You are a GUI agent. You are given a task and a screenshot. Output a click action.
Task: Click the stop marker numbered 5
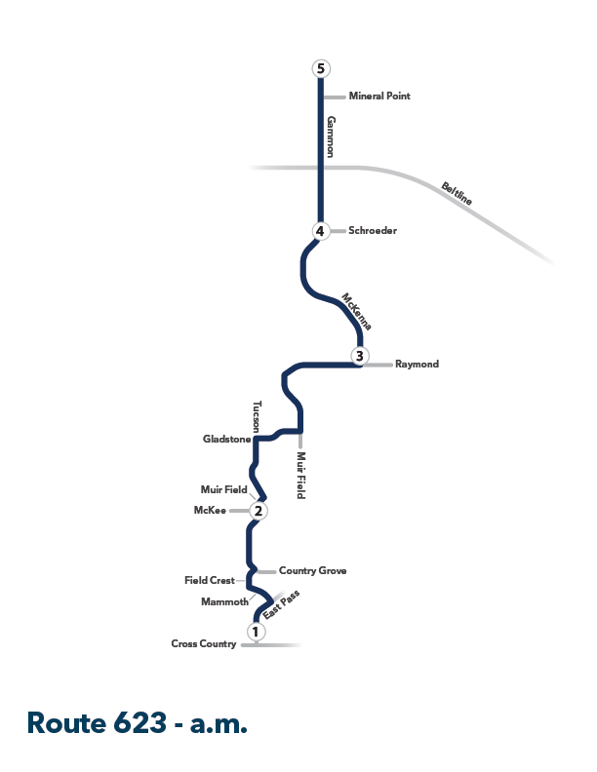[321, 68]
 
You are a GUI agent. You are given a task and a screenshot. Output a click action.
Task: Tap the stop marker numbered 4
[320, 230]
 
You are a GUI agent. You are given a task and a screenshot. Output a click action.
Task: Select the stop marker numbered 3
[360, 356]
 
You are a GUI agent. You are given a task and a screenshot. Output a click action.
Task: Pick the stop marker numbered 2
[259, 511]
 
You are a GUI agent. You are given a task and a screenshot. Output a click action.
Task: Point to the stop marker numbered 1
[256, 631]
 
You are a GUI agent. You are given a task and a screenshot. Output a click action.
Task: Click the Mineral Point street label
[379, 96]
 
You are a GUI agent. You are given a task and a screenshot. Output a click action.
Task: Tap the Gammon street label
[331, 136]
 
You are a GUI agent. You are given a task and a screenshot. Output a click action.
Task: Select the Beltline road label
[457, 193]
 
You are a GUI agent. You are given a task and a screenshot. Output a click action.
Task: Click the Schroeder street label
[373, 230]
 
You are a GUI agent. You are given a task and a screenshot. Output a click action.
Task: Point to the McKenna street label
[357, 312]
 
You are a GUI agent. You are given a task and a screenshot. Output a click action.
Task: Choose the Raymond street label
[417, 364]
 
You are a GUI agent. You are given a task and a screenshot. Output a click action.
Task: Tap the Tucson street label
[257, 416]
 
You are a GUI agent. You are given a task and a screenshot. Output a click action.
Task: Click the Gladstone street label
[227, 439]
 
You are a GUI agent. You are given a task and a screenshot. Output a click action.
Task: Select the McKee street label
[210, 510]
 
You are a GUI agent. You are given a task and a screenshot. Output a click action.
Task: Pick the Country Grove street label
[313, 570]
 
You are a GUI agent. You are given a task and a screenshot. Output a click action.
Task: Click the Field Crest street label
[210, 581]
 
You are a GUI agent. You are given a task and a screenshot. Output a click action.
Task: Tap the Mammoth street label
[224, 601]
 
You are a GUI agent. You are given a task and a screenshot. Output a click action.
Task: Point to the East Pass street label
[281, 604]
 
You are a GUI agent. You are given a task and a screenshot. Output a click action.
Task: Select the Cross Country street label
[204, 643]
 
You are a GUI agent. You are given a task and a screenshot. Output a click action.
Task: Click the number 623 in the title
[139, 722]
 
